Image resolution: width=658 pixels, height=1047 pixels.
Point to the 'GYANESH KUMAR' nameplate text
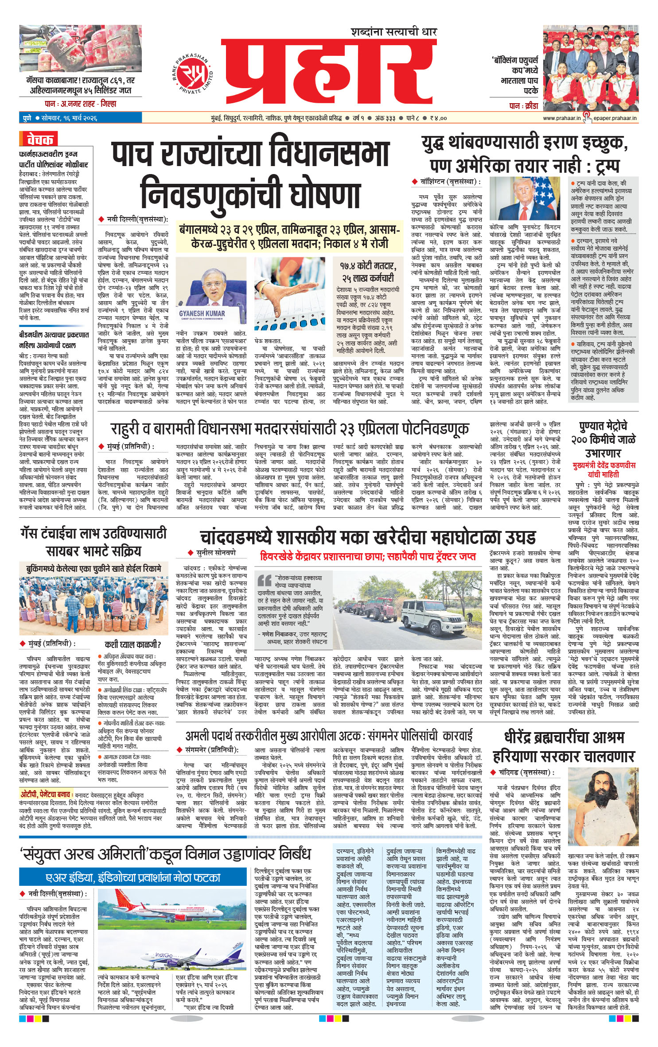click(x=202, y=313)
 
